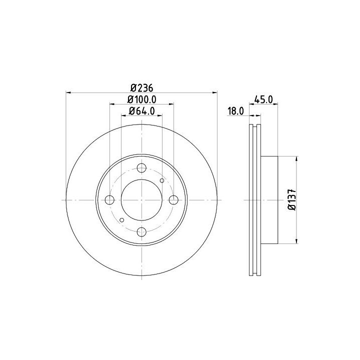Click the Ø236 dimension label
pyautogui.click(x=141, y=87)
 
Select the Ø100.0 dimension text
pyautogui.click(x=142, y=99)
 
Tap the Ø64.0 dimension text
pyautogui.click(x=142, y=111)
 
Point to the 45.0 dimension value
pyautogui.click(x=263, y=99)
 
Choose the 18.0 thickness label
pyautogui.click(x=235, y=111)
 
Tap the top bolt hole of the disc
pyautogui.click(x=141, y=168)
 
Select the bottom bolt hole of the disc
pyautogui.click(x=141, y=232)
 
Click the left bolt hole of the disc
pyautogui.click(x=109, y=200)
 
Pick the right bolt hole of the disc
pyautogui.click(x=173, y=200)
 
